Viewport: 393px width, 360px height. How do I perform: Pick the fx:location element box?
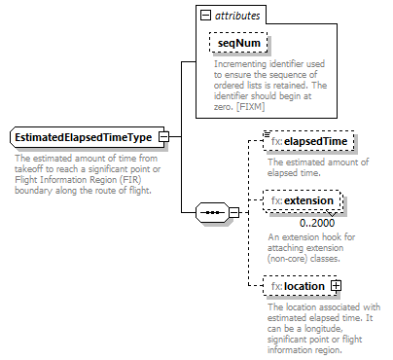point(298,287)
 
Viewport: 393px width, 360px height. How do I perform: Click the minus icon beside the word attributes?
point(203,16)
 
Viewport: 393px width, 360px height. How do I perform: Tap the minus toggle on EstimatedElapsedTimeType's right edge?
point(164,137)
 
